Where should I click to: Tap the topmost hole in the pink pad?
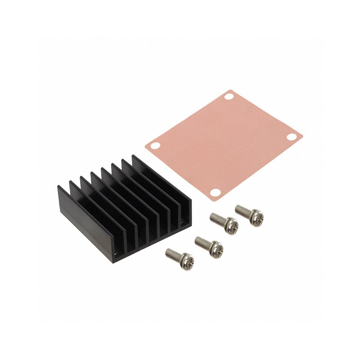coord(228,96)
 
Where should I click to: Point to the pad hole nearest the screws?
coord(215,193)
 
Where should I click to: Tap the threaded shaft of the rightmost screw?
coord(242,210)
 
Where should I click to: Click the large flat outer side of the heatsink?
coord(85,220)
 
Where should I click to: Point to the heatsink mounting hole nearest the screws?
coord(182,222)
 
